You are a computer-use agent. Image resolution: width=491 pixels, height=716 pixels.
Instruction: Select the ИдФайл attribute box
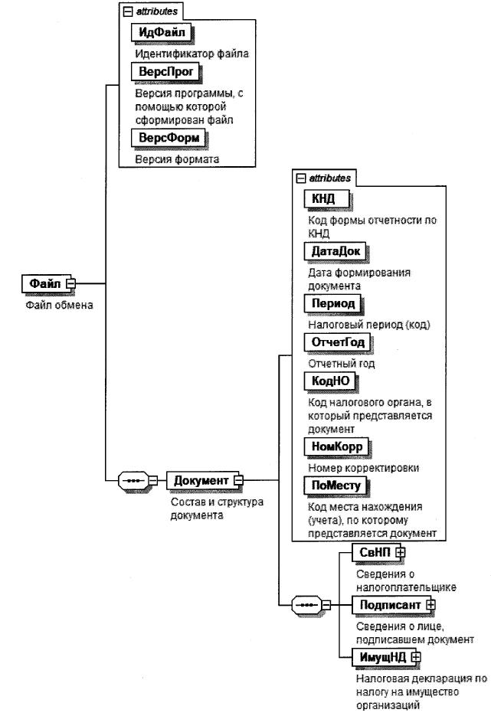[159, 32]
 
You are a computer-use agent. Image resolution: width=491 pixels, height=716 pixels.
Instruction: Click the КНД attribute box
[325, 199]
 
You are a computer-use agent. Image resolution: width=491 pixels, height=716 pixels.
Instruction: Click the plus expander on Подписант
[430, 604]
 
